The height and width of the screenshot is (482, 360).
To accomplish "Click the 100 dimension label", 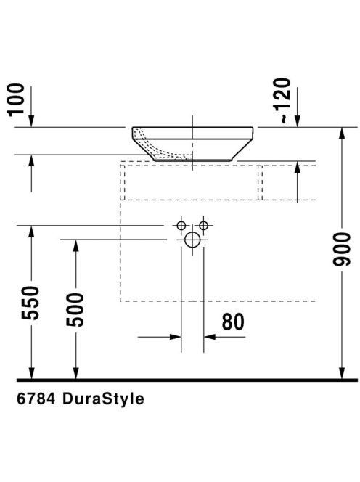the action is click(17, 100).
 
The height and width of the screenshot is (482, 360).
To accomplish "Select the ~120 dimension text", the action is click(282, 100).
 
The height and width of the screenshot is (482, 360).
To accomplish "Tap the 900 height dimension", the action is click(341, 249).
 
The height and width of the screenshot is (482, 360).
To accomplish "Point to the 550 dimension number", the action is click(30, 303).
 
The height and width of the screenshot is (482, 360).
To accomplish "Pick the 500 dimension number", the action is click(75, 309).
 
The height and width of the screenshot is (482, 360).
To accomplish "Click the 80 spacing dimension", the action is click(233, 322).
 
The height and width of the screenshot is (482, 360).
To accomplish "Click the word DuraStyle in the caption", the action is click(103, 399).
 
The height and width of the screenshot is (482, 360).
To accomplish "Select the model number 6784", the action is click(36, 399).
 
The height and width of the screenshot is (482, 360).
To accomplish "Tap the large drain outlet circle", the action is click(192, 240).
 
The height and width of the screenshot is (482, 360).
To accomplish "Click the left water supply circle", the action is click(181, 226).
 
